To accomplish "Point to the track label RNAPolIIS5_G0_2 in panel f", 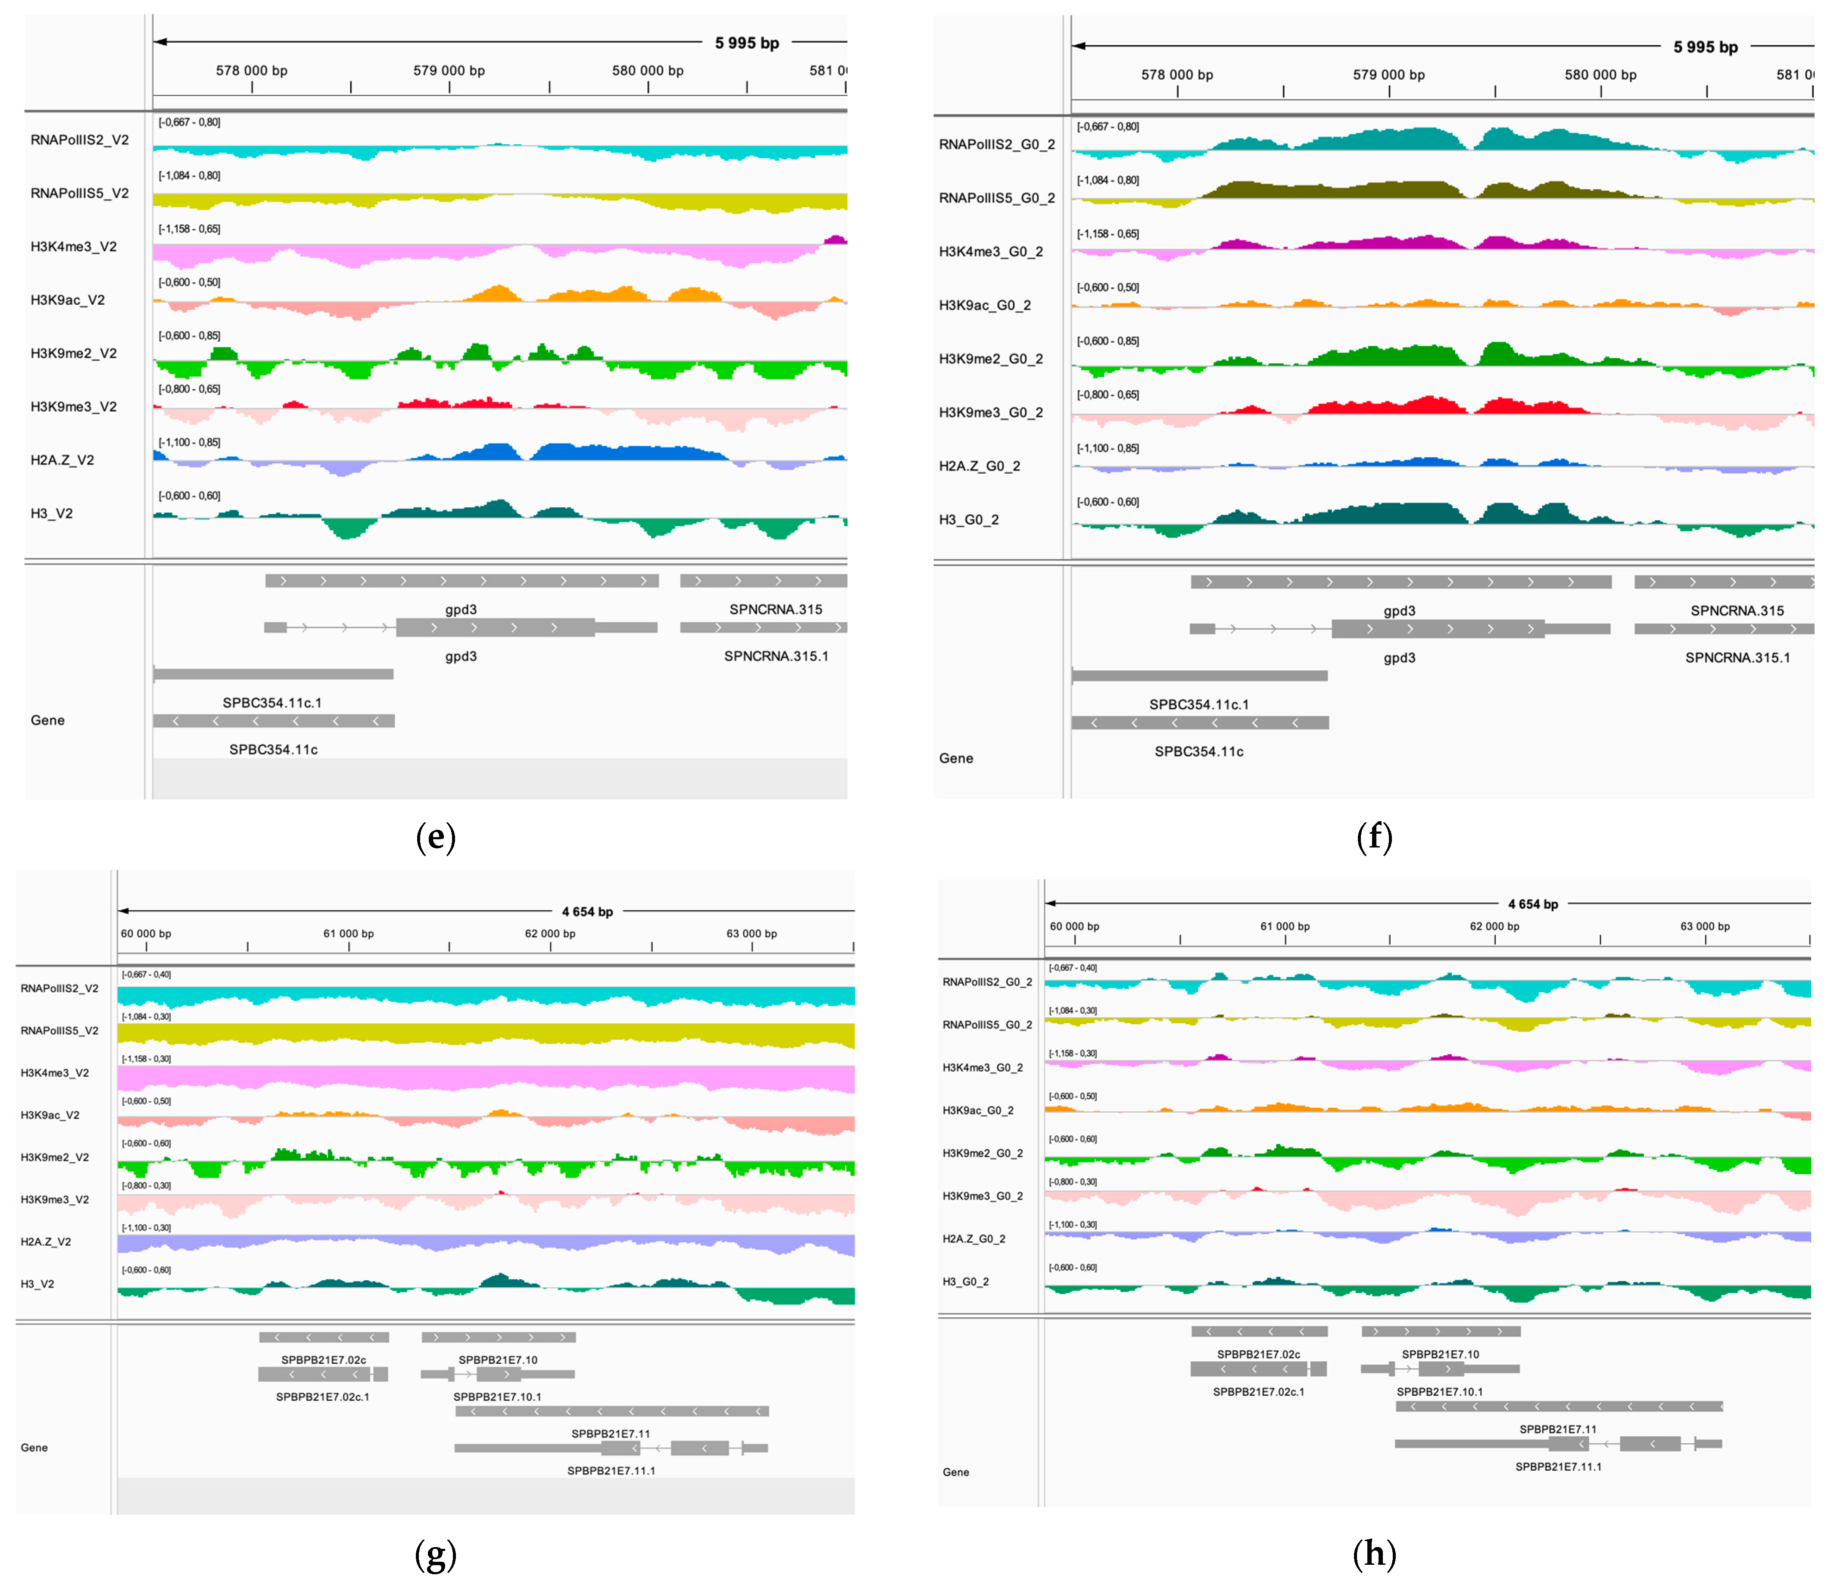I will [x=997, y=198].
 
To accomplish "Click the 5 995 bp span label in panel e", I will [x=747, y=43].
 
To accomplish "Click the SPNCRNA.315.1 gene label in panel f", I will [x=1737, y=658].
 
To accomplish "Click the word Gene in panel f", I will [x=956, y=758].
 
